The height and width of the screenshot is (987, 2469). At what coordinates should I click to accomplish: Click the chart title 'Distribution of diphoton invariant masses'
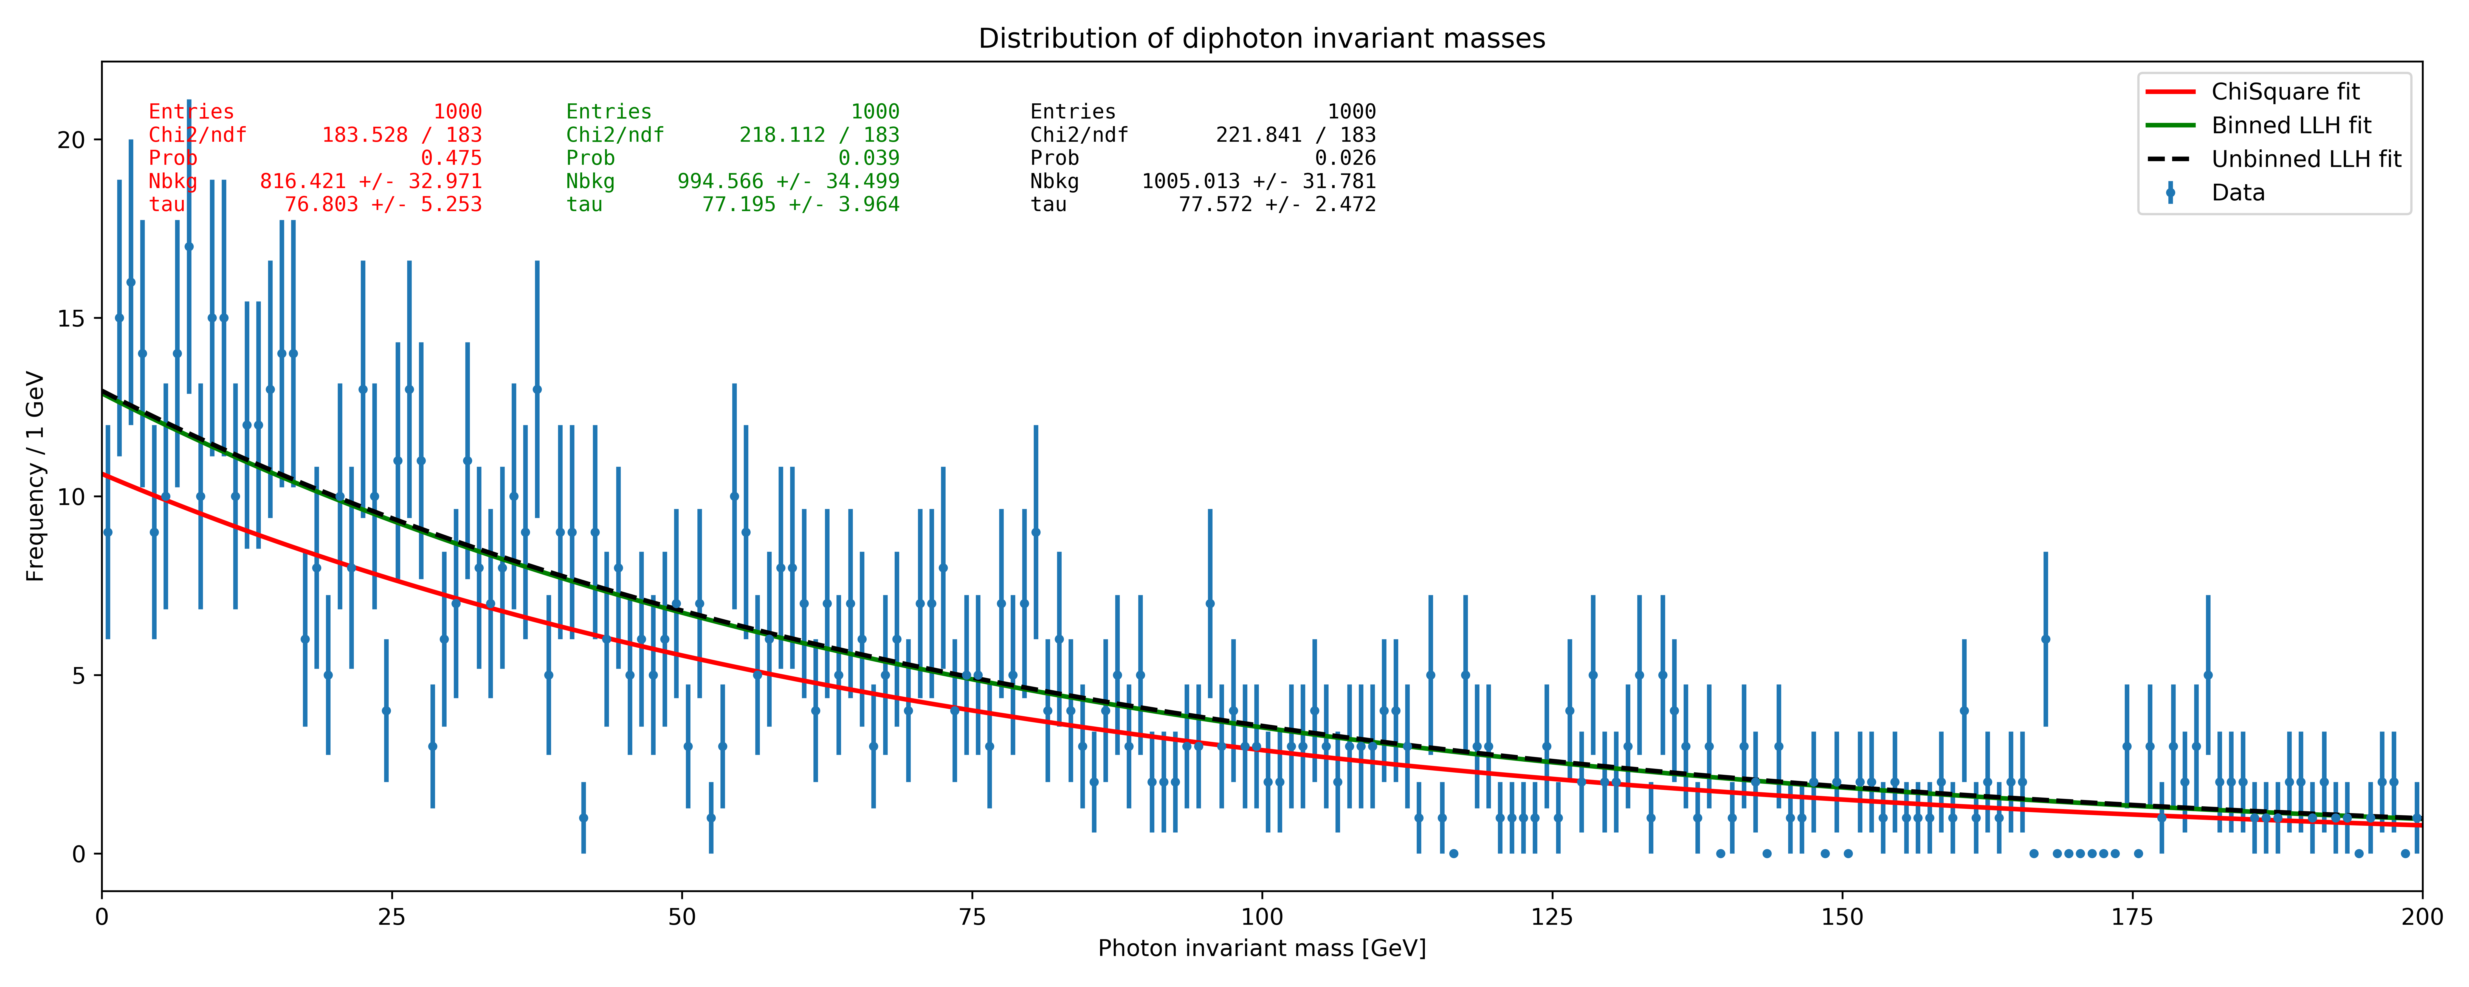[1261, 38]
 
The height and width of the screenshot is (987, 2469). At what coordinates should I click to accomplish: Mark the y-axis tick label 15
[71, 318]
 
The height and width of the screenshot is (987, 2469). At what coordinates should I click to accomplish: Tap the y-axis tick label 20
[71, 140]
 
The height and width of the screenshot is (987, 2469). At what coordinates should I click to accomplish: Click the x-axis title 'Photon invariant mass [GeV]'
[1261, 949]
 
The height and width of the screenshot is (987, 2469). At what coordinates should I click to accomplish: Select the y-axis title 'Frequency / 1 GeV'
[35, 476]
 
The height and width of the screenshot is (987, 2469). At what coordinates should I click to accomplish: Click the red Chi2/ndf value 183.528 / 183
[402, 135]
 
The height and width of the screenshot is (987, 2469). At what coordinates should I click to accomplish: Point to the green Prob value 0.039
[868, 158]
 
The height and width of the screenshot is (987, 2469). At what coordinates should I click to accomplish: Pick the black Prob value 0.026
[1345, 158]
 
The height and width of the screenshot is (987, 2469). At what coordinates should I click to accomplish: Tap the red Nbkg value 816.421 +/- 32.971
[371, 181]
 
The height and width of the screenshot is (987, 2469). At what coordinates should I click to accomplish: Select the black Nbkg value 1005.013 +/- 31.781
[1258, 181]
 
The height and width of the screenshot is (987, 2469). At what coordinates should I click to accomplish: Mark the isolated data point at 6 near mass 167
[2045, 639]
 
